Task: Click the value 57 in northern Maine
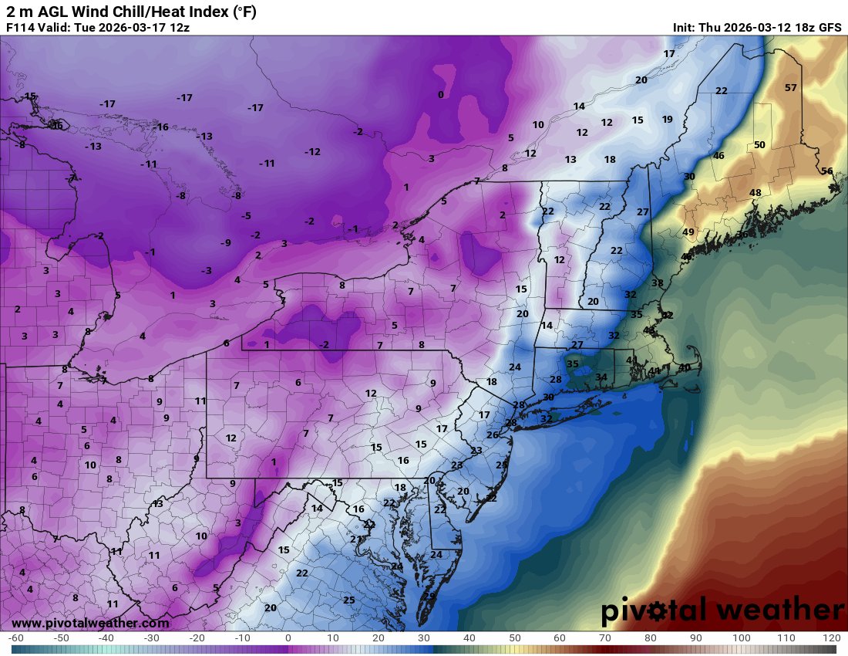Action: click(790, 87)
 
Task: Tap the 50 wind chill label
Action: click(759, 145)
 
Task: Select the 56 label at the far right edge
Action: click(826, 171)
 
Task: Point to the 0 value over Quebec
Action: click(440, 95)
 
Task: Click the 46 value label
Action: click(718, 156)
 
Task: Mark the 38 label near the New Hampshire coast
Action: click(657, 283)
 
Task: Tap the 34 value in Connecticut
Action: click(601, 377)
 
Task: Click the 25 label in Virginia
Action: click(348, 600)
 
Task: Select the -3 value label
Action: click(206, 271)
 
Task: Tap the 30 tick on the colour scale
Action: click(424, 638)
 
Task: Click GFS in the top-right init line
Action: click(829, 28)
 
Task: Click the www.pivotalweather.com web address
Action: click(90, 623)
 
